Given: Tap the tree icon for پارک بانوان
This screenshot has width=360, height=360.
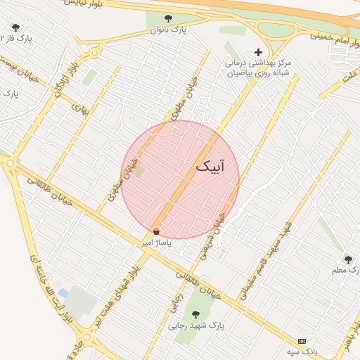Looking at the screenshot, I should pyautogui.click(x=167, y=19).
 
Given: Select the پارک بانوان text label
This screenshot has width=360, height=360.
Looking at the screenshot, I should pyautogui.click(x=168, y=31).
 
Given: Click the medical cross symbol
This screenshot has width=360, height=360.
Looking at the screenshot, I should pyautogui.click(x=258, y=52).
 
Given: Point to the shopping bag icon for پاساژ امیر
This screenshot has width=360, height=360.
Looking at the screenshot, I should pyautogui.click(x=156, y=231).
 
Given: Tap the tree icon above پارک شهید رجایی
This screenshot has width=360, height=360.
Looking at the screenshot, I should pyautogui.click(x=195, y=314).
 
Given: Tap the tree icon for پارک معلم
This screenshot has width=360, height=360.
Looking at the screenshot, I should pyautogui.click(x=347, y=259).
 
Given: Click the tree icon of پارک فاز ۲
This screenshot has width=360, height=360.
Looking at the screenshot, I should pyautogui.click(x=15, y=27).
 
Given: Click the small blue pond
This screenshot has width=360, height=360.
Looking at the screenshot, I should pyautogui.click(x=63, y=292).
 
